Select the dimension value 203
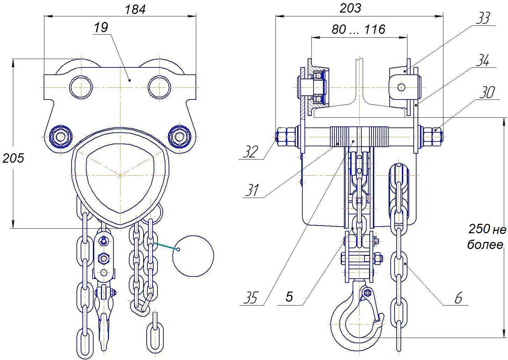(350, 8)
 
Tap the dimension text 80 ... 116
(359, 29)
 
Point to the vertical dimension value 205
(13, 158)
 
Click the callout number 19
(101, 28)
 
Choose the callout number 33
(483, 18)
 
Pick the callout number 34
(483, 60)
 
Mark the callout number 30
(487, 92)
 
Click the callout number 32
(251, 152)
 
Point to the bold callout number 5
(289, 296)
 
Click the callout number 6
(458, 298)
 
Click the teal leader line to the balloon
(165, 246)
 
